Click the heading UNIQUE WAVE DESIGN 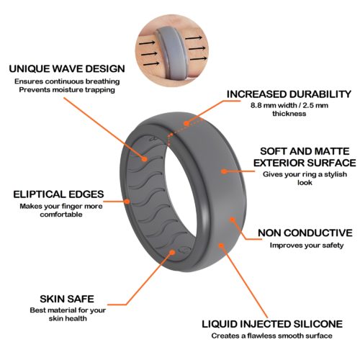coord(67,69)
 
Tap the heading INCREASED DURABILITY coord(289,94)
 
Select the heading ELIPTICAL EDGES coord(58,194)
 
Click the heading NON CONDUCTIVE coord(305,233)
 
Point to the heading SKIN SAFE coord(67,299)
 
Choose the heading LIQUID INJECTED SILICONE coord(272,324)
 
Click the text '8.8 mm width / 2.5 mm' coord(289,105)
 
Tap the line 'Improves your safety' coord(307,246)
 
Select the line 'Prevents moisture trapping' coord(67,90)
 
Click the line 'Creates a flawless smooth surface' coord(272,336)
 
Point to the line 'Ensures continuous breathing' coord(67,81)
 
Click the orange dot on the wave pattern coord(145,159)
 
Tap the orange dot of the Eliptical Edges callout coord(127,202)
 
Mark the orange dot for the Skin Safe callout coord(172,252)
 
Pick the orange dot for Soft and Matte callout coord(224,171)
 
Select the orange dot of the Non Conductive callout coord(232,220)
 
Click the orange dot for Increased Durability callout coord(186,124)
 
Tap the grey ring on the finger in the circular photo coord(171,53)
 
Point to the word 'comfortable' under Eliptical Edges coord(61,215)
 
